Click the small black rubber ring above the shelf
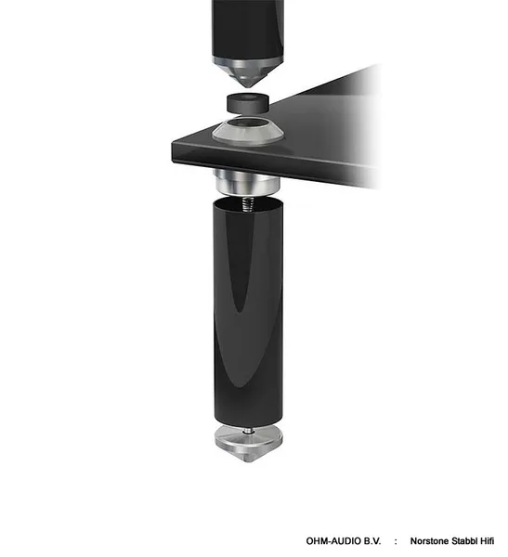point(248,103)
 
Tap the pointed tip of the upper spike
point(248,87)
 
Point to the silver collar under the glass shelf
point(247,182)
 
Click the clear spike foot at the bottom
point(249,444)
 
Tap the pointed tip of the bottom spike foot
point(249,461)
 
